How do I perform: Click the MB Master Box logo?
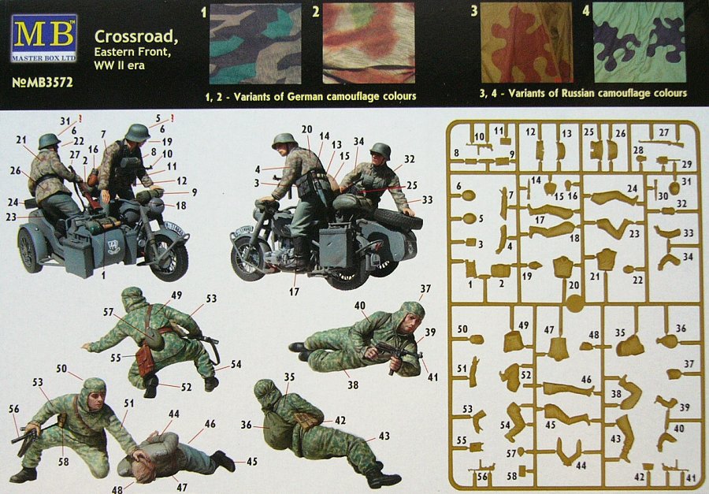(44, 39)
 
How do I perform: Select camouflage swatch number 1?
(255, 44)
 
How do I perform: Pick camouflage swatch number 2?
(369, 44)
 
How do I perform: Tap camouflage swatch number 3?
(526, 43)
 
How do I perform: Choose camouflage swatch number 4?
(640, 43)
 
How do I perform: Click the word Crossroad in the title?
(136, 37)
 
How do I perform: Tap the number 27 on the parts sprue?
(663, 132)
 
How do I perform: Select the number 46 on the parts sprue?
(586, 379)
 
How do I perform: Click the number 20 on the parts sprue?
(574, 285)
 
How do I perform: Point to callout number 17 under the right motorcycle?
(295, 292)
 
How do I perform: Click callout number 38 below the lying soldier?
(353, 385)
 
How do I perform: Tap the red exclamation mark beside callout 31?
(80, 119)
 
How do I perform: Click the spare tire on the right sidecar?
(397, 221)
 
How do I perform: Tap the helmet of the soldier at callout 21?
(50, 141)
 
